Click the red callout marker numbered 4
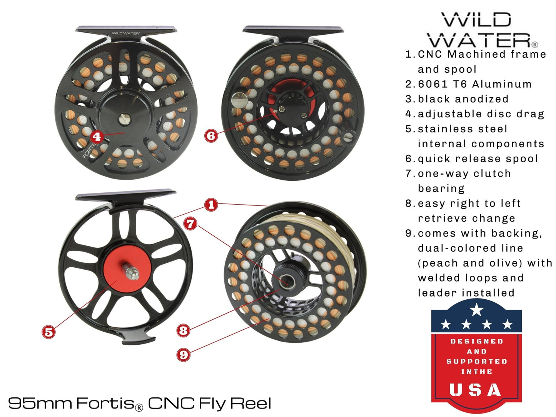tap(97, 137)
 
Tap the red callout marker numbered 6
tap(211, 135)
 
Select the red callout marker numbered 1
tap(211, 205)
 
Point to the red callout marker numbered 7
tap(190, 223)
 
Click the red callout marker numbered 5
tap(49, 332)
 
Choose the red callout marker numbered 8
tap(183, 330)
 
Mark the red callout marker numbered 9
tap(183, 354)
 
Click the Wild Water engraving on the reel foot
tap(126, 33)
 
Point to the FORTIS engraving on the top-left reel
tap(90, 150)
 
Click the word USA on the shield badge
tap(476, 390)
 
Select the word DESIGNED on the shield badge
tap(477, 341)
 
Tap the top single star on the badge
tap(477, 309)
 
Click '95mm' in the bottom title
tap(40, 403)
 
